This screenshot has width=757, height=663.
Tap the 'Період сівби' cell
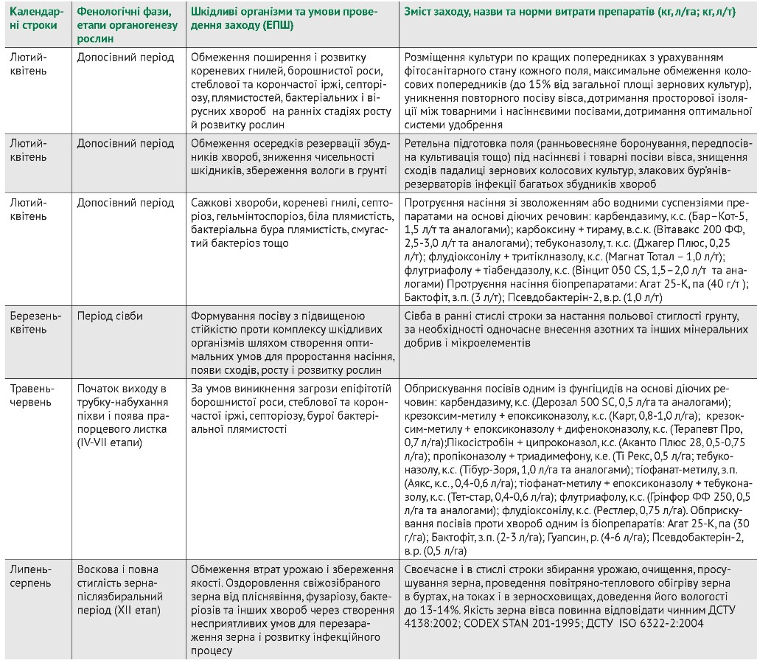coord(110,316)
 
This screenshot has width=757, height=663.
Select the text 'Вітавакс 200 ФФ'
coord(700,229)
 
